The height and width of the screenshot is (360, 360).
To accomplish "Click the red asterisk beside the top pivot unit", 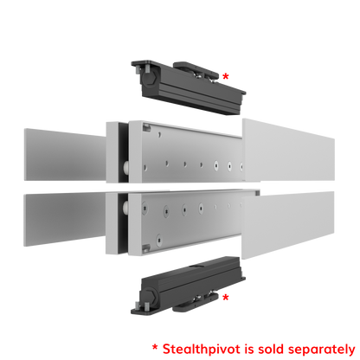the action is click(226, 77).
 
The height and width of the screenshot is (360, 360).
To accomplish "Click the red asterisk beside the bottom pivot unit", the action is click(226, 298).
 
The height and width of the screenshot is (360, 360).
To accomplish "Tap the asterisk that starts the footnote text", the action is click(155, 348).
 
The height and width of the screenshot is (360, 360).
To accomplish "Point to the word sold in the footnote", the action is click(272, 349).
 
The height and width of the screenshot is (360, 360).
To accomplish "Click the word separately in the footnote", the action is click(321, 350).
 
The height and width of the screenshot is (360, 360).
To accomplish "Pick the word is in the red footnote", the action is click(249, 349).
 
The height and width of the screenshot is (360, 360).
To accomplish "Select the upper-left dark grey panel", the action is click(65, 155).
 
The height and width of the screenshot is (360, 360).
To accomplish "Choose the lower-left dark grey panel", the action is click(65, 218).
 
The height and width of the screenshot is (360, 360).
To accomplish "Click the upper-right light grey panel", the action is click(288, 151).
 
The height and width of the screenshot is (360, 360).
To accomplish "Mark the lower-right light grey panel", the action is click(288, 225).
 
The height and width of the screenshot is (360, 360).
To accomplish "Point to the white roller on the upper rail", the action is click(125, 166).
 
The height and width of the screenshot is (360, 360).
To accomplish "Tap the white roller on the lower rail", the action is click(125, 207).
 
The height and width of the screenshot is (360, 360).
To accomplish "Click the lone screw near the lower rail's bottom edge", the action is click(159, 239).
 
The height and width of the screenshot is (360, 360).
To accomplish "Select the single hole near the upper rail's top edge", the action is click(159, 135).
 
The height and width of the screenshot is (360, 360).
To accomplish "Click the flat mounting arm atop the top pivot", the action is click(196, 70).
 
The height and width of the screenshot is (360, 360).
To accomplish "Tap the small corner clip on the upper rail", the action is click(146, 126).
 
